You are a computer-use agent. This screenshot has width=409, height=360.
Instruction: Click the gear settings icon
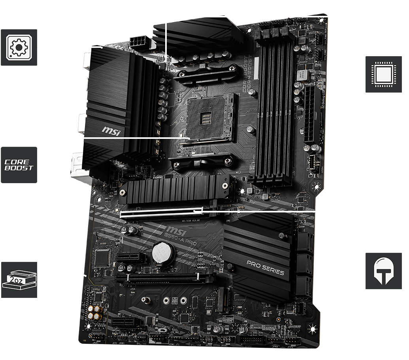click(x=19, y=47)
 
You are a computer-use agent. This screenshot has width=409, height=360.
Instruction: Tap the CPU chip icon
click(x=383, y=74)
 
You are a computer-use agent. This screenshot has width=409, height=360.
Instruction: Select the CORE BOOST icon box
click(x=19, y=165)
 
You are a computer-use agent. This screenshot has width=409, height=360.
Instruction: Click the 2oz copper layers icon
click(x=19, y=279)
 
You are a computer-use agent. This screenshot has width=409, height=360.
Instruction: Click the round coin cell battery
click(x=162, y=253)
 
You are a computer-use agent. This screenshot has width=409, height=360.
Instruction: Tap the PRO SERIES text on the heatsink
click(x=265, y=267)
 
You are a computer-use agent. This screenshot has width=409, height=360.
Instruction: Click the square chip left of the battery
click(x=102, y=258)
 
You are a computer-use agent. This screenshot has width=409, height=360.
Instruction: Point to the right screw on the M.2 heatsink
click(x=225, y=185)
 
